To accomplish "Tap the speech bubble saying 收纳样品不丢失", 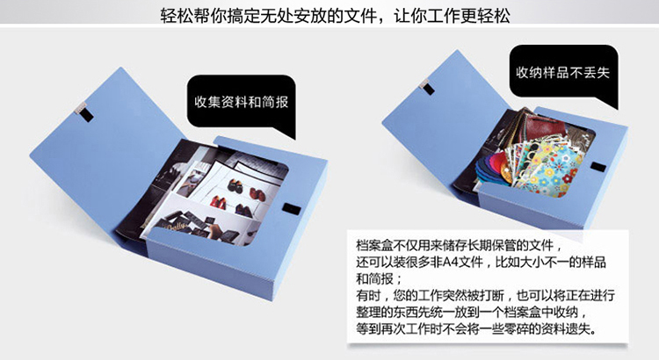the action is click(x=563, y=74).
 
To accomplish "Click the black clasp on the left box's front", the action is click(x=292, y=209).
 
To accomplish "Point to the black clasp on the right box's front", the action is click(x=598, y=167).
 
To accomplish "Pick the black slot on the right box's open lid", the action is click(x=429, y=89).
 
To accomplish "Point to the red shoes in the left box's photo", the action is click(x=219, y=203).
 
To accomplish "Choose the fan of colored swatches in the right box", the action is click(x=493, y=168).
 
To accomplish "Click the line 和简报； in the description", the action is click(x=380, y=279).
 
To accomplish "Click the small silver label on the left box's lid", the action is click(x=79, y=107).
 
